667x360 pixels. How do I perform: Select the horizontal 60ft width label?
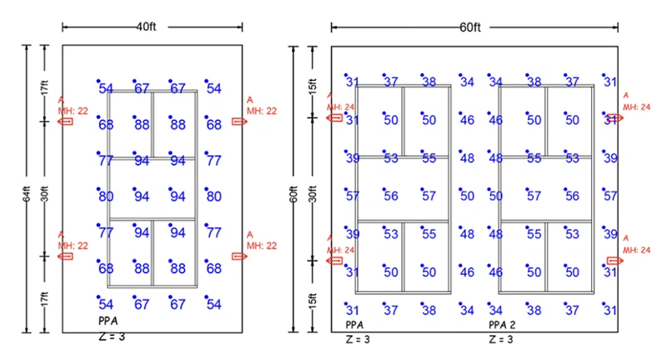pos(470,27)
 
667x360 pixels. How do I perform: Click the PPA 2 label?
pos(503,325)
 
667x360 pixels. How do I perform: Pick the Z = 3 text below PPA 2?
pos(502,339)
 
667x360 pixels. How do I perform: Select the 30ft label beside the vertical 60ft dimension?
pos(313,188)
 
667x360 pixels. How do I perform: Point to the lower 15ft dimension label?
pos(313,296)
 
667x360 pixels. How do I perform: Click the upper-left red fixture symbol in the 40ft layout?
pos(65,122)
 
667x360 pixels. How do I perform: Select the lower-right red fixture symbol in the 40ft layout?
pos(240,256)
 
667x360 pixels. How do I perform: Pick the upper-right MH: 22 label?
pos(260,110)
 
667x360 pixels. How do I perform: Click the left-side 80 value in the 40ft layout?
pos(106,197)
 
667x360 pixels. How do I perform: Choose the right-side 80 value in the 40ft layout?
pos(213,197)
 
